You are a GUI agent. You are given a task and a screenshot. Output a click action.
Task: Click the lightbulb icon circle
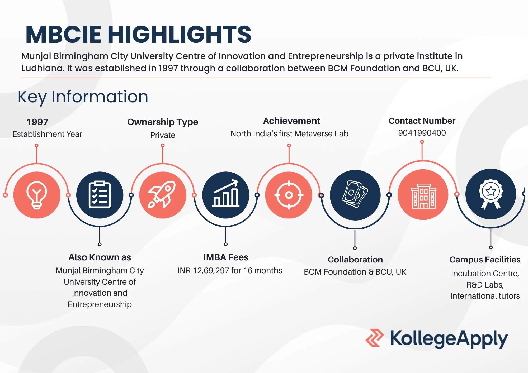[37, 195]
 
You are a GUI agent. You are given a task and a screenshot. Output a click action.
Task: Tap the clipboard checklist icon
[100, 195]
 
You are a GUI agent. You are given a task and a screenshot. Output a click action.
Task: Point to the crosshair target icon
[289, 195]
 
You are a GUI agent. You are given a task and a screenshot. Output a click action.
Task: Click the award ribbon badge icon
[491, 194]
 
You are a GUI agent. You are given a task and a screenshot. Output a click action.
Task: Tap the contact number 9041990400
[422, 133]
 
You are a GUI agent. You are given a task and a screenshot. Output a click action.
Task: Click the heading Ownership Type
[163, 122]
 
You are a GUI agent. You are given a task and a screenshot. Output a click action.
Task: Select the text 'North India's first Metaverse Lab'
[289, 134]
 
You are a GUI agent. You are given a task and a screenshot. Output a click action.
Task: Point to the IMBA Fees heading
[226, 257]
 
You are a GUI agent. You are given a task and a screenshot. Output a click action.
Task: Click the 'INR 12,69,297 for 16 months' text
[230, 270]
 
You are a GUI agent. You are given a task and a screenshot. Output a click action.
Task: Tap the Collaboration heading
[355, 260]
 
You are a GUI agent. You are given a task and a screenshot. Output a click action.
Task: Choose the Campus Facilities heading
[485, 260]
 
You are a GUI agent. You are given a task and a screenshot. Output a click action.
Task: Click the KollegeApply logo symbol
[375, 338]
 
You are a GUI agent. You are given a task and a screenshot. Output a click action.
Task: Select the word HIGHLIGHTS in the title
[179, 34]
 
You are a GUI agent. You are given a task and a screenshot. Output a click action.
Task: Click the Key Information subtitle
[83, 97]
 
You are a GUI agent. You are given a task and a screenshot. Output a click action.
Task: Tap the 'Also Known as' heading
[100, 257]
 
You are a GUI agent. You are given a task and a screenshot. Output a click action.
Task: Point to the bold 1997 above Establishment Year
[37, 122]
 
